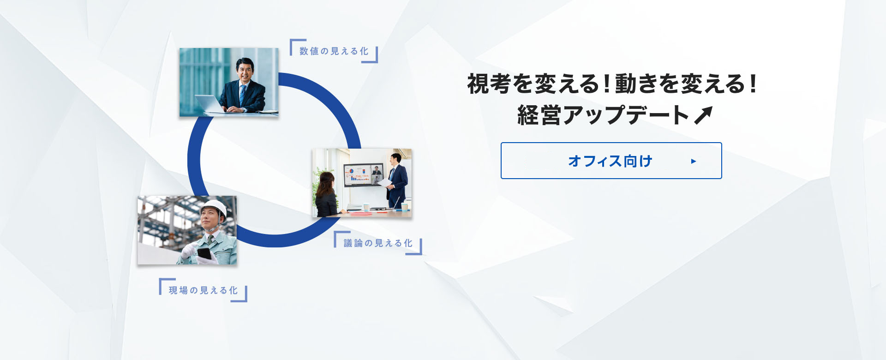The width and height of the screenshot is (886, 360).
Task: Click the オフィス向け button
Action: click(x=611, y=161)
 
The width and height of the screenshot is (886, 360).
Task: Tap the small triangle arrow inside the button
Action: click(x=694, y=161)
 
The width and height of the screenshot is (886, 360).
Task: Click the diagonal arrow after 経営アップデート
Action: click(x=703, y=115)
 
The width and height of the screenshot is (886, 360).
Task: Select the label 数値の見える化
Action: click(x=334, y=51)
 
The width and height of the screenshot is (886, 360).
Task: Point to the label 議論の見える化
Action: click(x=378, y=243)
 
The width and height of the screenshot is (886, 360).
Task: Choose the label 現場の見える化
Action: click(x=203, y=290)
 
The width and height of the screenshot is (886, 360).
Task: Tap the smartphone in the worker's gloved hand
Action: click(x=204, y=254)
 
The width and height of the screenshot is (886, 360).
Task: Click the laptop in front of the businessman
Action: click(x=210, y=104)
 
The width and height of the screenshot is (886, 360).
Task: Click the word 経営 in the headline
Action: click(x=539, y=115)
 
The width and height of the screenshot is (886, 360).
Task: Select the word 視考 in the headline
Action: click(x=490, y=84)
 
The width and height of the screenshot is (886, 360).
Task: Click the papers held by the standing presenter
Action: click(x=384, y=182)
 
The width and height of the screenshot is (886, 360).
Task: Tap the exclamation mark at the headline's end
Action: click(x=753, y=84)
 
